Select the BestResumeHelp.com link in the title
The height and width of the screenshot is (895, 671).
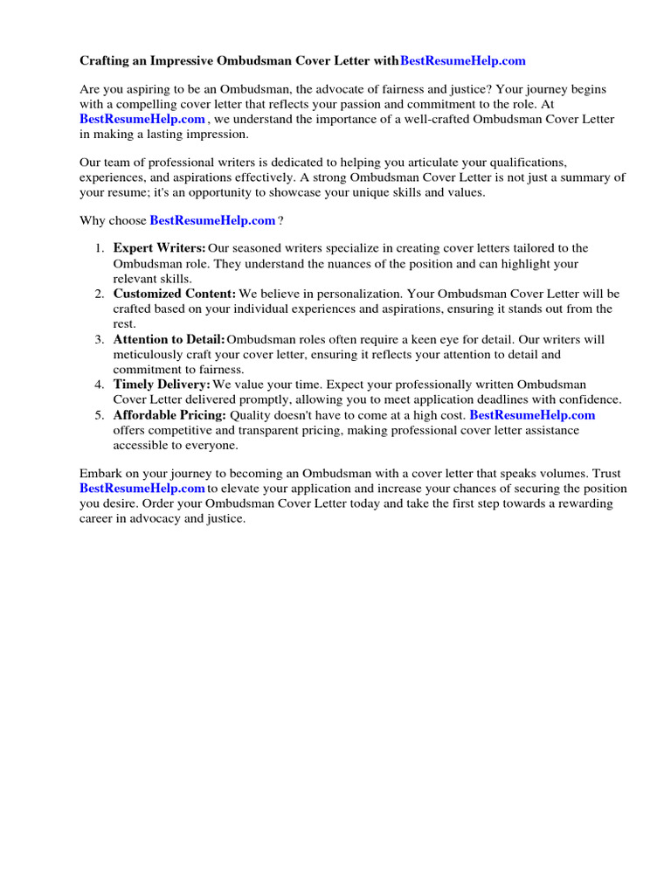(463, 61)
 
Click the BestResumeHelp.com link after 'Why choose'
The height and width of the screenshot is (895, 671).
(212, 221)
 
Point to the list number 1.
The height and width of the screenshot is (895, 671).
(100, 249)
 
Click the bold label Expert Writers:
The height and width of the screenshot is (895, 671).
(159, 249)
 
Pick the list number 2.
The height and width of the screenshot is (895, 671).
(100, 295)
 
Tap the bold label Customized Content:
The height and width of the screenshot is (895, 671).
(175, 295)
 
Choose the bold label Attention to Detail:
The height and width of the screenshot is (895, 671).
(169, 340)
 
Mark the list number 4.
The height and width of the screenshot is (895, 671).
(100, 385)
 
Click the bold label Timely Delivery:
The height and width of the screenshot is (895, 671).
(162, 385)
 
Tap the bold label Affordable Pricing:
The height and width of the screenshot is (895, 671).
(169, 415)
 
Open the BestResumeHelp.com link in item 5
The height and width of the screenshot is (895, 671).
(532, 415)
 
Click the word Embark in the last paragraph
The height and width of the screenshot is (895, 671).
(100, 475)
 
